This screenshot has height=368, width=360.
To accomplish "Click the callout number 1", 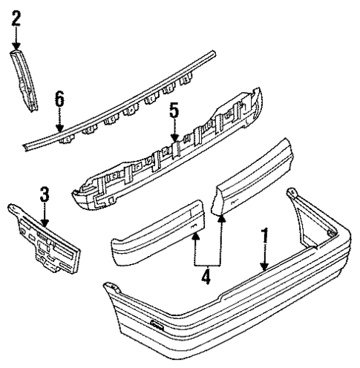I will coord(264,240).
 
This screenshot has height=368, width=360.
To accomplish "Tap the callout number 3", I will coord(44,195).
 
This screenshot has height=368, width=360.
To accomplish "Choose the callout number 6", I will coord(59,98).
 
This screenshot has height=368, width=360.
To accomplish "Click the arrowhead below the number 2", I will coord(16,47).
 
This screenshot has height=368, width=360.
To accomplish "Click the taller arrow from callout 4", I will coord(220,217).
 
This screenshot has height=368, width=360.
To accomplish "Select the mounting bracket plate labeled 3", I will coord(45,241).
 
